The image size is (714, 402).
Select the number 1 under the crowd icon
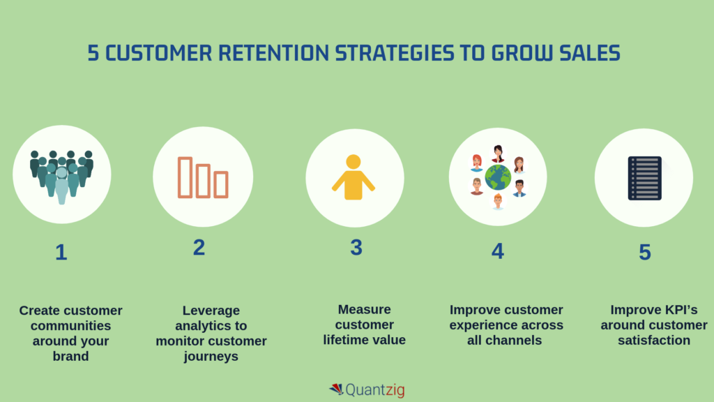(61, 252)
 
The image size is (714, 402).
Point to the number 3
(356, 247)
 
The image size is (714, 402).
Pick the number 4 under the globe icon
(497, 251)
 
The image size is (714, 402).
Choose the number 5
(645, 252)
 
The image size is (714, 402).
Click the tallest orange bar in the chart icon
(185, 177)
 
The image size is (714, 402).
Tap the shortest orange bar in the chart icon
(221, 184)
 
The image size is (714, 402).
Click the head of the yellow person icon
(354, 162)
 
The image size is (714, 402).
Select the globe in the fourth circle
(498, 177)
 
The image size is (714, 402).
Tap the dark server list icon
(644, 178)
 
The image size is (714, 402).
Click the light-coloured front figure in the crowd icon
(61, 183)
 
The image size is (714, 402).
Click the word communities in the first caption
(71, 325)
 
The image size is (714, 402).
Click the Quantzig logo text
(375, 389)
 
